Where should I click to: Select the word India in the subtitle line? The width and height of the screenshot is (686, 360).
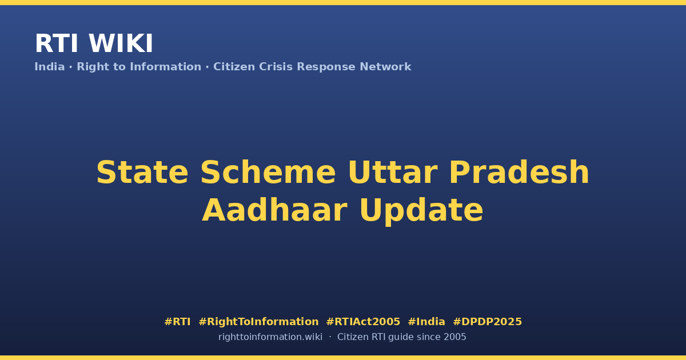[x=50, y=67]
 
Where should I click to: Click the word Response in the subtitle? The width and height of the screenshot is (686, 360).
[x=326, y=67]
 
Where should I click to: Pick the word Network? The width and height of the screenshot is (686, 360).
[x=385, y=67]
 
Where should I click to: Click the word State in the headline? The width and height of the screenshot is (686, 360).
[x=142, y=173]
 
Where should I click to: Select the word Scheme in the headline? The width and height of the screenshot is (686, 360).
[x=268, y=173]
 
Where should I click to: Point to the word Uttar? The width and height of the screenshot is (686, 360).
[x=393, y=173]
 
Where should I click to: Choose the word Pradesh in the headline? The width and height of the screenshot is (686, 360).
[x=519, y=173]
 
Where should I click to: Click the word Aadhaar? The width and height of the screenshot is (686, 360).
[x=275, y=210]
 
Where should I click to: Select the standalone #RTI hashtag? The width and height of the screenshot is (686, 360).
[x=177, y=322]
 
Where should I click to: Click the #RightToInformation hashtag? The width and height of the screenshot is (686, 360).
[x=258, y=322]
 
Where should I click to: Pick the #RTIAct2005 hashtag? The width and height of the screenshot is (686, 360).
[x=363, y=322]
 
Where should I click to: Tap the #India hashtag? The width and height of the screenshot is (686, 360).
[x=426, y=322]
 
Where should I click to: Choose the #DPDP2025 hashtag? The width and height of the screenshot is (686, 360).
[x=487, y=322]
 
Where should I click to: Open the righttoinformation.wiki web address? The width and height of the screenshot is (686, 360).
[x=270, y=337]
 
